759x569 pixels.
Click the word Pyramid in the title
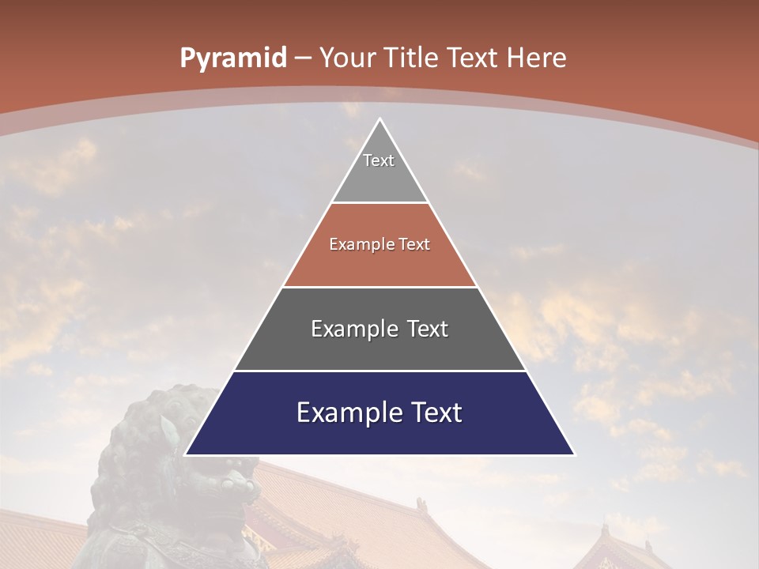pos(232,58)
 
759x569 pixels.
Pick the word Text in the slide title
pos(473,58)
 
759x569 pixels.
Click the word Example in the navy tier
pos(346,413)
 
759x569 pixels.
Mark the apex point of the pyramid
pos(379,119)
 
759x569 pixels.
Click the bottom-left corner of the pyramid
pos(186,454)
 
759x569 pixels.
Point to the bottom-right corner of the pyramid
pos(574,454)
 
